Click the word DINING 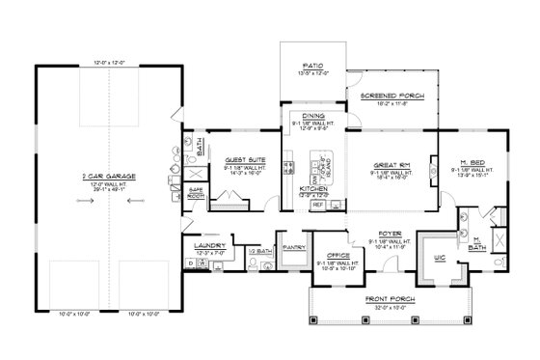click(315, 115)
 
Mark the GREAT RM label click(390, 165)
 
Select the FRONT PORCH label click(391, 300)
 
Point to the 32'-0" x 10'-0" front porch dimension click(391, 307)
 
